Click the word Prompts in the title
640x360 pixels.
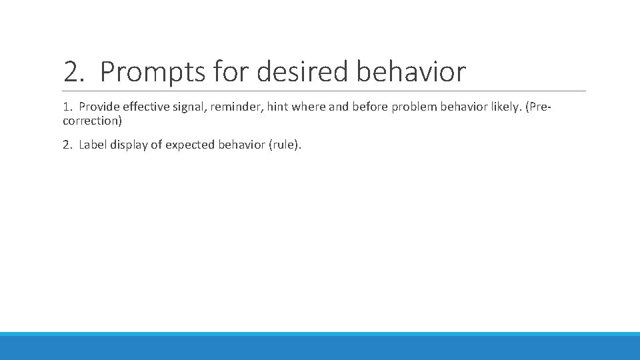click(x=153, y=72)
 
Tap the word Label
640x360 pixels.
click(x=94, y=145)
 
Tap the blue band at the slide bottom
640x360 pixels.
click(x=320, y=347)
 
